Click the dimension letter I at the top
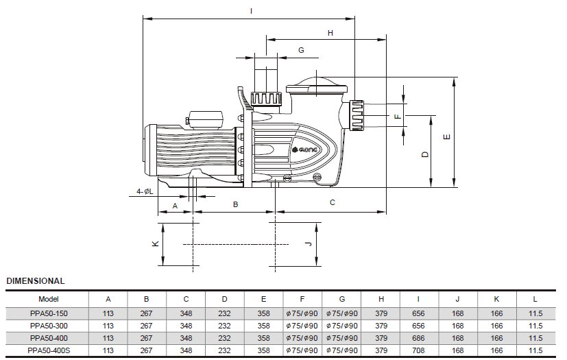251,11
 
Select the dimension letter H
330,33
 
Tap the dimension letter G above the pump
301,50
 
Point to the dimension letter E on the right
446,137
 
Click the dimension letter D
425,154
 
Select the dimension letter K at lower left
156,244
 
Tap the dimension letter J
309,244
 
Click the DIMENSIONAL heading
36,281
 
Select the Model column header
49,299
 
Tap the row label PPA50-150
49,313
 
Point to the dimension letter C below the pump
333,203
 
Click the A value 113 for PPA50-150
108,313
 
